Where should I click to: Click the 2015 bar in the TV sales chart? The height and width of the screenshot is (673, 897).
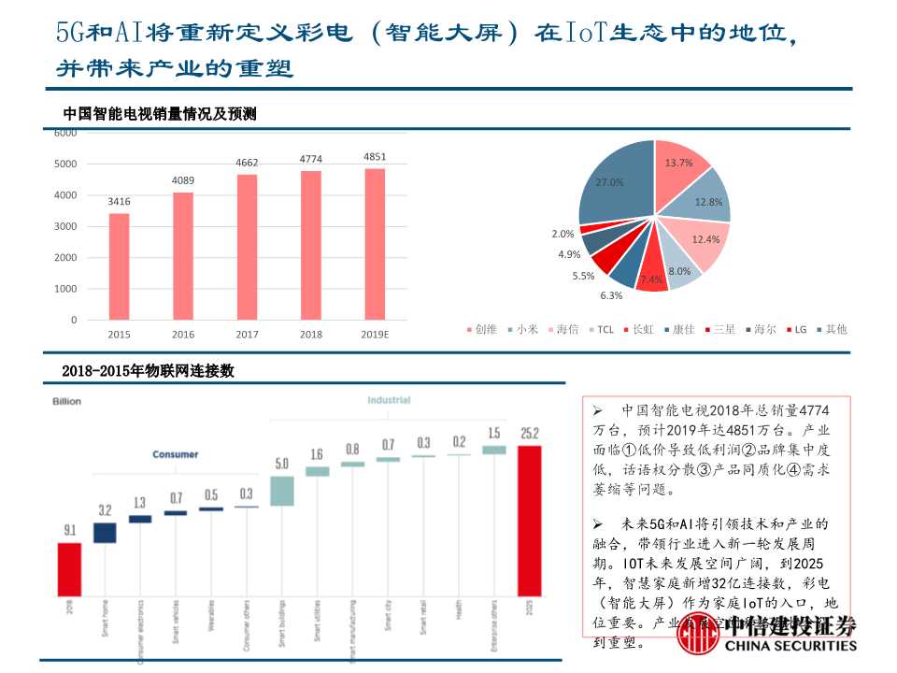[x=119, y=266]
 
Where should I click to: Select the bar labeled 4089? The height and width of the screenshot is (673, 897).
[x=183, y=256]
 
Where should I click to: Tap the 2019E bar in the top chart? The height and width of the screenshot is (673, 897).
[x=374, y=244]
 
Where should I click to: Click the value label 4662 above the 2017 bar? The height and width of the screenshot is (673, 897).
[x=247, y=163]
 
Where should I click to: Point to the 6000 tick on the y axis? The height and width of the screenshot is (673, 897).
[x=65, y=133]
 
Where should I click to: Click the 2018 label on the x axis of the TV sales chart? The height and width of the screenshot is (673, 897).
[x=310, y=335]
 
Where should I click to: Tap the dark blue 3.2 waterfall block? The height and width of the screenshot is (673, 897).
[x=105, y=532]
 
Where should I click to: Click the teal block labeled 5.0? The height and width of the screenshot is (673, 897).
[x=281, y=491]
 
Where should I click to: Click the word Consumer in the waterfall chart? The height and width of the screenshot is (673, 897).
[x=176, y=454]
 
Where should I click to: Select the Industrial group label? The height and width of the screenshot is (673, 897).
[x=388, y=400]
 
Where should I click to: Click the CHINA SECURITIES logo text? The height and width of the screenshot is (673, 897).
[x=790, y=645]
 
